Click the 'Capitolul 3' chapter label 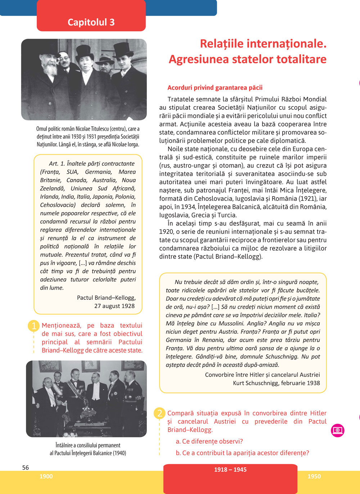point(91,22)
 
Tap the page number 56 point(26,467)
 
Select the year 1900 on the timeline point(46,476)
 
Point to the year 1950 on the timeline point(314,476)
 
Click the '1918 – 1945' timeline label point(230,470)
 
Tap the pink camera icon point(338,430)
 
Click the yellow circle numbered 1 point(34,326)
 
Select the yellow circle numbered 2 point(159,413)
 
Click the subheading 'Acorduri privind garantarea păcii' point(215,87)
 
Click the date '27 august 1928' point(114,306)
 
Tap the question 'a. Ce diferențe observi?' point(209,441)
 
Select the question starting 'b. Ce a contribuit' point(242,453)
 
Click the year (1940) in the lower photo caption point(120,453)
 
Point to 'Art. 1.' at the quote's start point(57,163)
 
